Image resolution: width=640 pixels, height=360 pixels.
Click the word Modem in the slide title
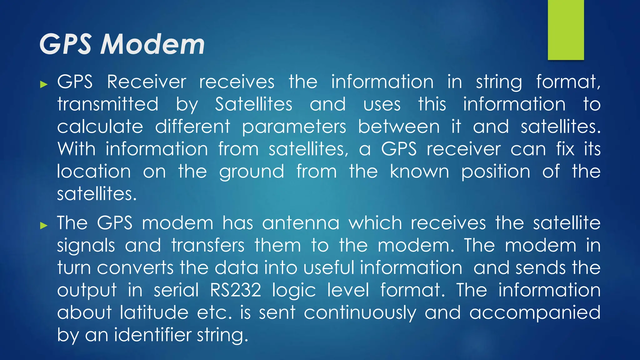tap(152, 44)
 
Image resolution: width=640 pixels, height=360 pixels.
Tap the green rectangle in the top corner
tap(566, 30)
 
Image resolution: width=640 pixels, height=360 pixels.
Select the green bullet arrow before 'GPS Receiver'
tap(44, 84)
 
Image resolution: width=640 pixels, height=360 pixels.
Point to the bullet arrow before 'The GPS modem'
tap(44, 225)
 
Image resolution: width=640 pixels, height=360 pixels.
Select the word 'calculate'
tap(100, 127)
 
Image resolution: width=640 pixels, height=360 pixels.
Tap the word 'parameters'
tap(294, 127)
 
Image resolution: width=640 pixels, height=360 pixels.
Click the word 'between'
tap(399, 127)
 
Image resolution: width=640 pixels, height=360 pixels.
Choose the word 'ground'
tap(252, 172)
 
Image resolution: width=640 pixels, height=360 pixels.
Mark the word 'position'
tap(496, 172)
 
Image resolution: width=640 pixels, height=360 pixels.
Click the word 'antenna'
tap(301, 223)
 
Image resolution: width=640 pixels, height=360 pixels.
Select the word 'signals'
tap(86, 246)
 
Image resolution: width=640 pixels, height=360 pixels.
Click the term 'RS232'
tap(236, 290)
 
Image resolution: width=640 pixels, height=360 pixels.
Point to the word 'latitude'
tap(154, 312)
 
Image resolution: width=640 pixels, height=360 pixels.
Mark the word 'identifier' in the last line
tap(153, 335)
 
